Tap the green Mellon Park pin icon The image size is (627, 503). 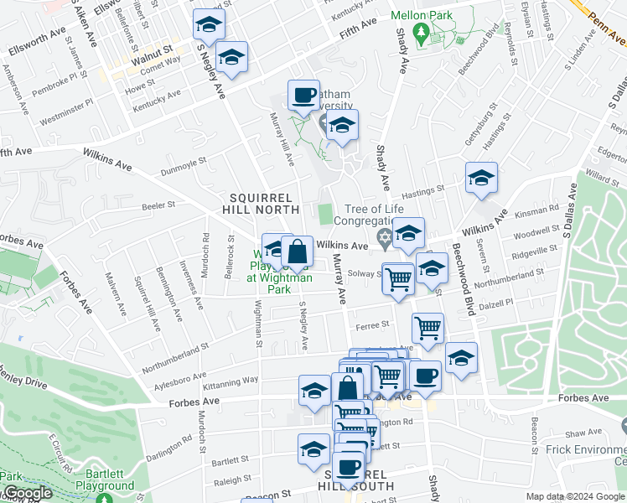coord(424,34)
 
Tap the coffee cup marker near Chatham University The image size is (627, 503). coord(303,95)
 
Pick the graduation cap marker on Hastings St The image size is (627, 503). coord(481,178)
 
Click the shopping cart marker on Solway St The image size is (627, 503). coord(398,279)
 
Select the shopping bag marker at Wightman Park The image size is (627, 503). coord(297,251)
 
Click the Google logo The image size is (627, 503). coord(27,494)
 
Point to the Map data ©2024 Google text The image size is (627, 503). coord(576,496)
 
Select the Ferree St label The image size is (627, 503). coord(375,324)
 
